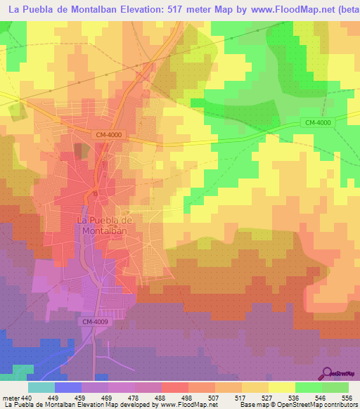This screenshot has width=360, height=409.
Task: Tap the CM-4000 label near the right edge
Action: pyautogui.click(x=319, y=122)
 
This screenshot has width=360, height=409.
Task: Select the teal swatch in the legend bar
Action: pyautogui.click(x=41, y=387)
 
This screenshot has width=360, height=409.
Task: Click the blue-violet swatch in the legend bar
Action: pyautogui.click(x=68, y=387)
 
